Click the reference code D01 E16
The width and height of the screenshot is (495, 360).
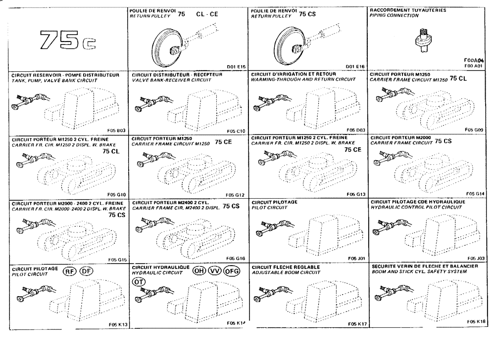(356, 66)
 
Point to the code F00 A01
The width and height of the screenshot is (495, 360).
(474, 65)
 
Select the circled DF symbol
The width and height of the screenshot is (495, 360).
(87, 271)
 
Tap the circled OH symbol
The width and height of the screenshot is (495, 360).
(199, 270)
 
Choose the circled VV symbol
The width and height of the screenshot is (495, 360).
(215, 270)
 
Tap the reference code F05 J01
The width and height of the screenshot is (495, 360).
(356, 258)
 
